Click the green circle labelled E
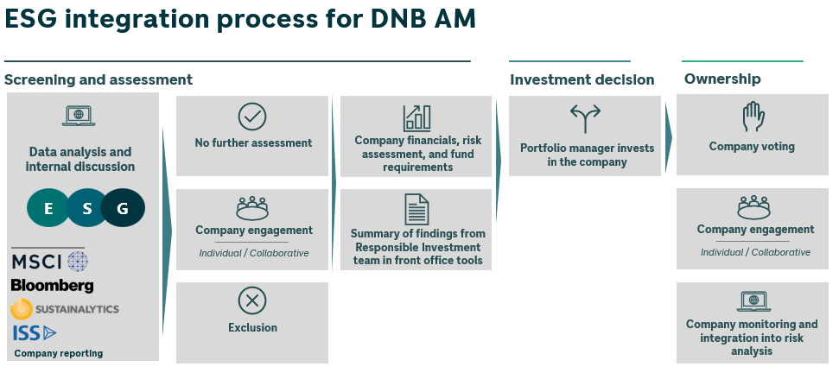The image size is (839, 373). click(48, 208)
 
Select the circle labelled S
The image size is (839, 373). click(86, 208)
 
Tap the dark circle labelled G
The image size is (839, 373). click(123, 208)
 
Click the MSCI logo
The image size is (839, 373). click(49, 261)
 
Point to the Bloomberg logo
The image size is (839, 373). click(53, 285)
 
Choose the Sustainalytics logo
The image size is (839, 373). click(65, 308)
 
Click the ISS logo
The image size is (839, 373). click(35, 332)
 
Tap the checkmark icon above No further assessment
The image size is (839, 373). click(252, 117)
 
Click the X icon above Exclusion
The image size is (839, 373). click(252, 300)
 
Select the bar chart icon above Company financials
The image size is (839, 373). click(416, 118)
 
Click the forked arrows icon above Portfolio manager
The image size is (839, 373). click(585, 118)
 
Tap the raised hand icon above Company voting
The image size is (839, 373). click(753, 117)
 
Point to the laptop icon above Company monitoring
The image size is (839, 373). click(753, 301)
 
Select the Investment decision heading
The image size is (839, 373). click(582, 79)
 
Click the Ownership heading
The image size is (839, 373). click(722, 79)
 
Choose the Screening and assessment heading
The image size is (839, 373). click(99, 79)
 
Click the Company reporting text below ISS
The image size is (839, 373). click(59, 353)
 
